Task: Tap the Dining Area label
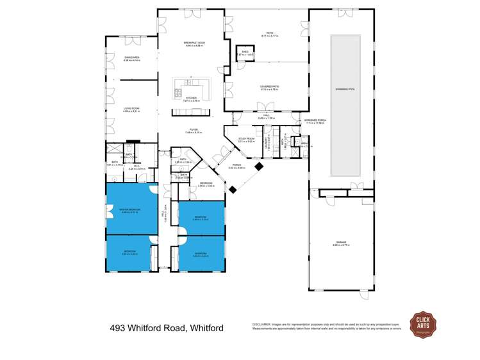132,58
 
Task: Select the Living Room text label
132,108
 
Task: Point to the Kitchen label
192,99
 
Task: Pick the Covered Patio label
269,88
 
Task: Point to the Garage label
340,243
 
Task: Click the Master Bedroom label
129,209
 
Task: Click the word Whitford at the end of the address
206,328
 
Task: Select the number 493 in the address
119,328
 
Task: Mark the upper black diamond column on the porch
259,166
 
